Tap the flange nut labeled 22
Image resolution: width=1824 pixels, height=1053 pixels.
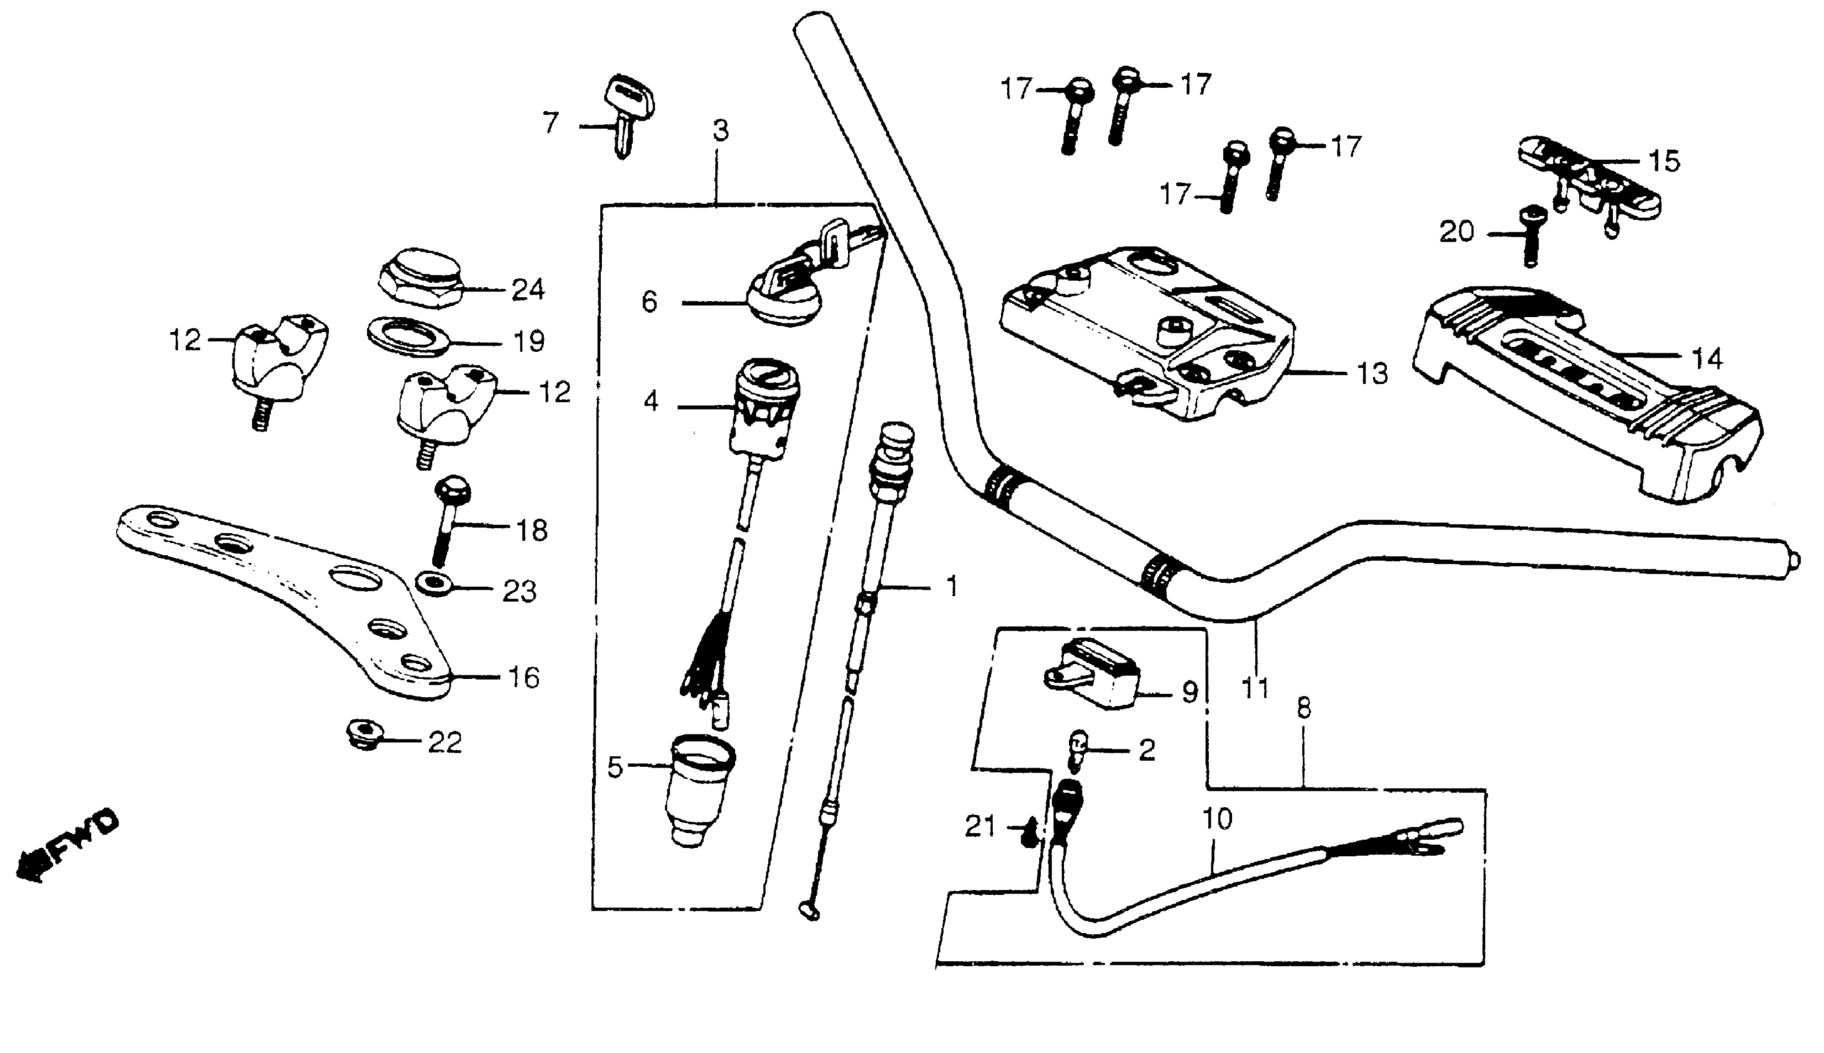362,735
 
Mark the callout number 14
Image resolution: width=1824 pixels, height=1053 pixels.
1708,357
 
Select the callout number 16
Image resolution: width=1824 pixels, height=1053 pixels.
524,678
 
